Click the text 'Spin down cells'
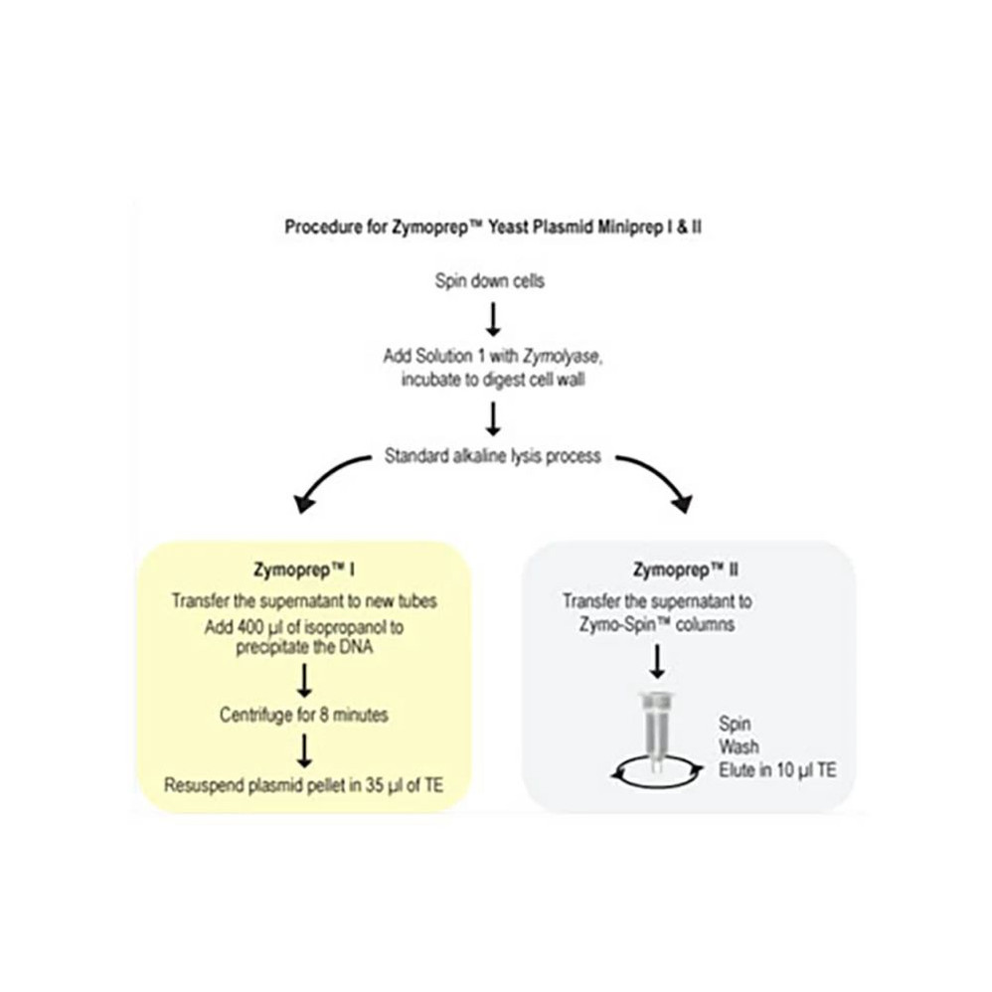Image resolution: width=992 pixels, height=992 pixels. click(490, 280)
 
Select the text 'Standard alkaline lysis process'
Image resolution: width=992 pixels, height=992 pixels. click(492, 457)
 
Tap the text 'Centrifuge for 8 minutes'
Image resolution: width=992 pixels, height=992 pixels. click(304, 714)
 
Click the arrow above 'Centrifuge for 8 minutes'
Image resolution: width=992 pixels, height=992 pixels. click(304, 680)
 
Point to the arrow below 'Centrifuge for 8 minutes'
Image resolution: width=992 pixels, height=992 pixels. click(304, 749)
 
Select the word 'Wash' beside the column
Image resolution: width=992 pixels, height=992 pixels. click(737, 747)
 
